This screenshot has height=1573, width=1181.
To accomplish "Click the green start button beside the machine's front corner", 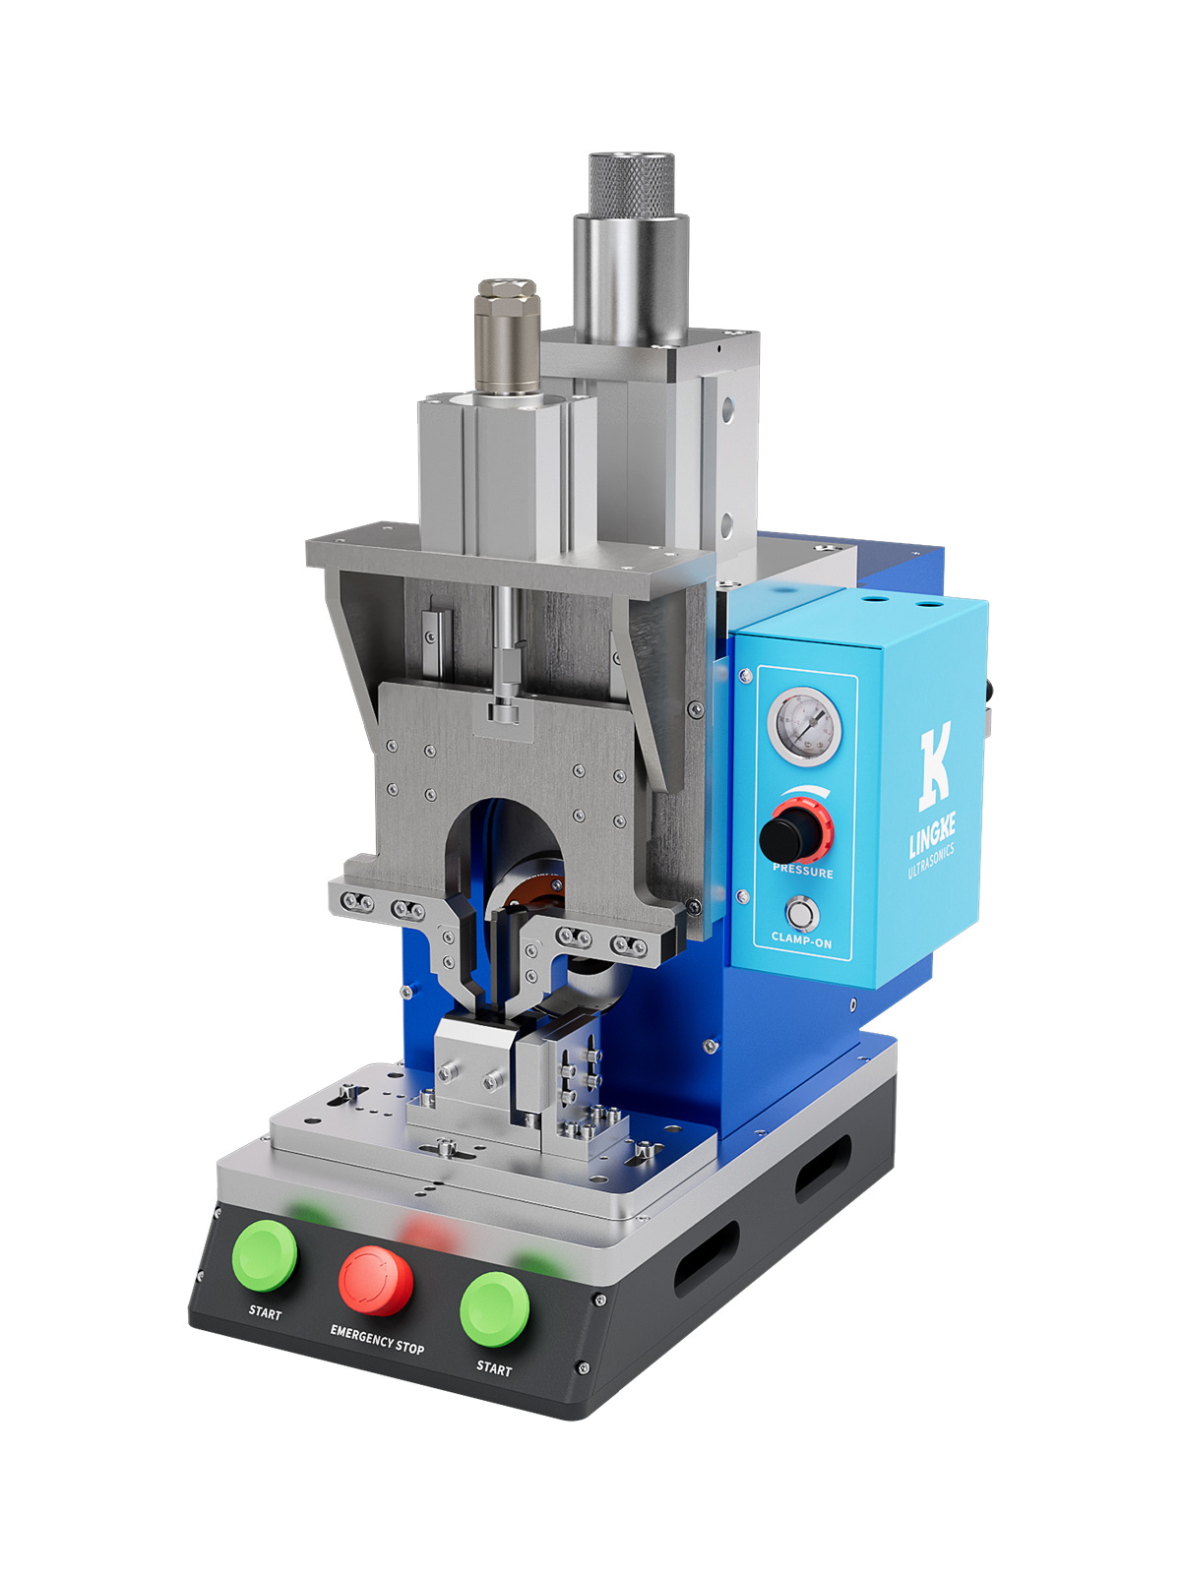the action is [494, 1310].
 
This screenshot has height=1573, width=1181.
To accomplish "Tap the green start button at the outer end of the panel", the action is [265, 1255].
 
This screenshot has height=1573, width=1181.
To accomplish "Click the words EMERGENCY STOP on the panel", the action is [377, 1340].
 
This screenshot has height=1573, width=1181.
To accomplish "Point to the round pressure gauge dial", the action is [804, 726].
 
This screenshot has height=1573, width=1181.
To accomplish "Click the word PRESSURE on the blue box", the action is [803, 871].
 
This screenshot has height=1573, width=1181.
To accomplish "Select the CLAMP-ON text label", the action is [801, 939].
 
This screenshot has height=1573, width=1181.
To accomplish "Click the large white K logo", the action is [936, 766].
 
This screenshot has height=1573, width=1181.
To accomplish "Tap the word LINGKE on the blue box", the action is [932, 837].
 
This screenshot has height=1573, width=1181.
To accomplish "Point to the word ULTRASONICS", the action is [931, 861].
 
